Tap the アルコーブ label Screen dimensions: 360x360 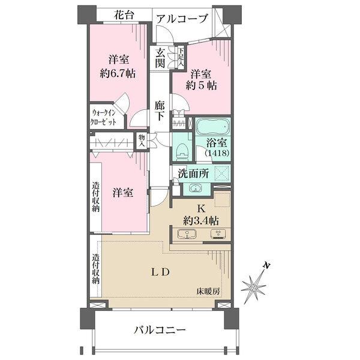click(182, 19)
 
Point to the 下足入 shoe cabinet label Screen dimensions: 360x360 click(181, 57)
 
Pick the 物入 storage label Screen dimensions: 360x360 click(142, 140)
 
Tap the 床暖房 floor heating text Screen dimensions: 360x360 click(208, 292)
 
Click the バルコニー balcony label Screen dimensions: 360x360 click(160, 329)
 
